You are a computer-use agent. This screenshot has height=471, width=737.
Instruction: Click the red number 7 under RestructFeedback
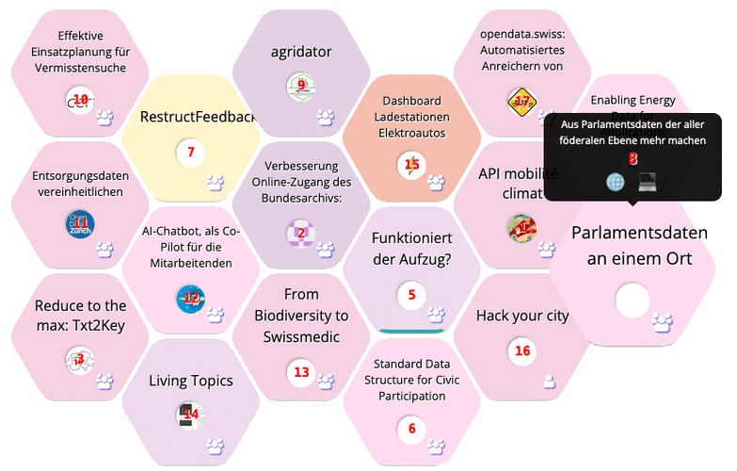coord(190,152)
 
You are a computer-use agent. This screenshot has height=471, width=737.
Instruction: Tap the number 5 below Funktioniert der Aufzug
coord(411,295)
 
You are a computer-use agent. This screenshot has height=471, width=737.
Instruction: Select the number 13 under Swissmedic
coord(301,372)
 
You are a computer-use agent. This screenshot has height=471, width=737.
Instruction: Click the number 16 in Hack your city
coord(522,350)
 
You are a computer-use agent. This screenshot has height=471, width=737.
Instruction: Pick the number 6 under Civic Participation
coord(411,429)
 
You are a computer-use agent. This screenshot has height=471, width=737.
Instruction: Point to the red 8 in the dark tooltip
coord(633,159)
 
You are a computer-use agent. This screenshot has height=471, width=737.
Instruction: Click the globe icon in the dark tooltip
coord(616,181)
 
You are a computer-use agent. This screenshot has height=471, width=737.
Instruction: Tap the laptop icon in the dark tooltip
coord(647,181)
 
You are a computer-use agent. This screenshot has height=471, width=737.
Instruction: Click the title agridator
coord(300,52)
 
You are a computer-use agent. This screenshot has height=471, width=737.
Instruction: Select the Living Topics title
coord(190,382)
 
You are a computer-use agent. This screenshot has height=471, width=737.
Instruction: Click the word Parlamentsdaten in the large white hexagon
coord(639,233)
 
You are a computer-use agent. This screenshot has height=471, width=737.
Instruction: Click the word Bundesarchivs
coord(301,198)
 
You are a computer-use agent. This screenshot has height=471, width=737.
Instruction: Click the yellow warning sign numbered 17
coord(521,102)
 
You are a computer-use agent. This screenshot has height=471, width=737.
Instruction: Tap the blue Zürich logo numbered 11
coord(80,224)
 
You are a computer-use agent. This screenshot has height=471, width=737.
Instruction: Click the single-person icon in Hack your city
coord(550,381)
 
